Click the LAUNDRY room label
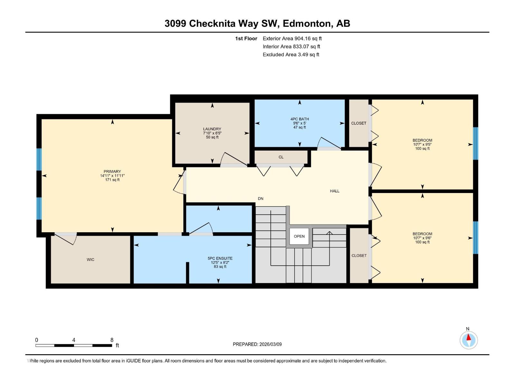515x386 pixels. [212, 129]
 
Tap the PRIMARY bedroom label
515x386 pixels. [112, 171]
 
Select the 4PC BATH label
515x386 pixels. [299, 119]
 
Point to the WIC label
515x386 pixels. [90, 260]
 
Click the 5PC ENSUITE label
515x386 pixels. [220, 258]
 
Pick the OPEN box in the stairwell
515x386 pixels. [299, 236]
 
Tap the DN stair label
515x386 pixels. [260, 198]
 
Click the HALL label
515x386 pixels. [334, 191]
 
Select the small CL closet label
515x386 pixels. [281, 157]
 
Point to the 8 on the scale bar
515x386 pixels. [112, 340]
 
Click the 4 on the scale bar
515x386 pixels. [74, 340]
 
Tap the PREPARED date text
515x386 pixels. [257, 344]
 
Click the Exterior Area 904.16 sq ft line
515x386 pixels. [292, 38]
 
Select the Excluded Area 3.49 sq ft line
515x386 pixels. [291, 55]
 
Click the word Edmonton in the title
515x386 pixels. [307, 23]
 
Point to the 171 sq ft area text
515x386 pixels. [112, 180]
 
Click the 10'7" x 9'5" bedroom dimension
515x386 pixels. [422, 144]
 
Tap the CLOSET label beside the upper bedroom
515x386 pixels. [359, 123]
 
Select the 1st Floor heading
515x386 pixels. [246, 38]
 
